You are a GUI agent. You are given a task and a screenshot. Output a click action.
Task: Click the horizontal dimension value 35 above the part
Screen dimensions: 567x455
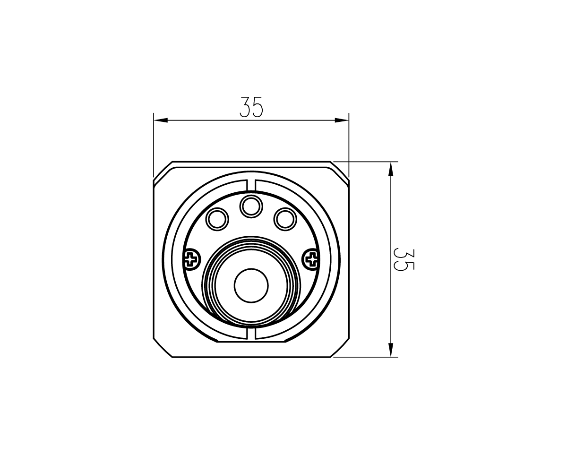coord(251,107)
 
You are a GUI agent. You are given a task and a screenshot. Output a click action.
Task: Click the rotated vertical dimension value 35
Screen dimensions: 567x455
coord(404,259)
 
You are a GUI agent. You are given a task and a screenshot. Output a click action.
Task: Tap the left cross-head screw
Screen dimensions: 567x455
coord(191,259)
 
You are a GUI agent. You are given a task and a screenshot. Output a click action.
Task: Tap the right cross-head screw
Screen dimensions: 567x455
coord(311,259)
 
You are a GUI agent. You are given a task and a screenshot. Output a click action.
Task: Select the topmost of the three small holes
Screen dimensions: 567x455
coord(251,206)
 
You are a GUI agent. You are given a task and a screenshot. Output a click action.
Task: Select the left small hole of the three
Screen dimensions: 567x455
coord(217,219)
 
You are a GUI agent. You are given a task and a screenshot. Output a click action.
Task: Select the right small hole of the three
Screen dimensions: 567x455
coord(285,219)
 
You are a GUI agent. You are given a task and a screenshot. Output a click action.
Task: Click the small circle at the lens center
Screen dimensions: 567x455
coord(251,285)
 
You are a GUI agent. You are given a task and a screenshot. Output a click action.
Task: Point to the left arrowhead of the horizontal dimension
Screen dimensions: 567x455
coord(161,120)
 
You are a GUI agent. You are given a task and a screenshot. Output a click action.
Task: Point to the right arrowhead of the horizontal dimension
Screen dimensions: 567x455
coord(342,120)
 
